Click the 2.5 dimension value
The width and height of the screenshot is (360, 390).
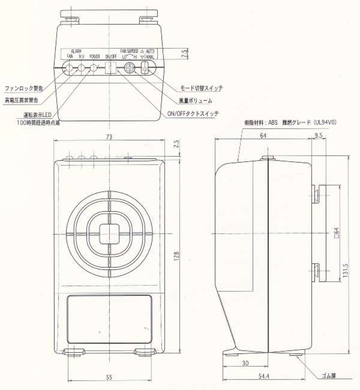click(x=176, y=145)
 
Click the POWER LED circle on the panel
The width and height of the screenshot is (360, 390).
click(x=94, y=68)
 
